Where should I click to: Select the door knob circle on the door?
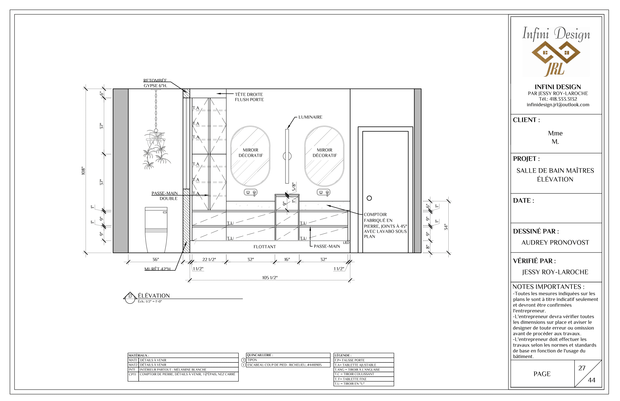pos(369,198)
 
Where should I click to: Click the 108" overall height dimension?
pos(83,171)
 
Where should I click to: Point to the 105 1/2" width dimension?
pos(270,278)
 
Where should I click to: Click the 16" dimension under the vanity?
pos(287,259)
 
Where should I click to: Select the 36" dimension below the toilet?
pos(155,259)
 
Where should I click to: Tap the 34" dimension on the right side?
pos(446,227)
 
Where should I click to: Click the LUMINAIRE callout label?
pos(310,117)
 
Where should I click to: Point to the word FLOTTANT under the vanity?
pos(264,247)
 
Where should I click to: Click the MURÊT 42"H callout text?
pos(157,269)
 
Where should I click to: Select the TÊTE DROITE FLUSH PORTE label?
pos(249,97)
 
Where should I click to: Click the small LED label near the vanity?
pos(346,243)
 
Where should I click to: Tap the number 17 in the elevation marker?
pos(130,297)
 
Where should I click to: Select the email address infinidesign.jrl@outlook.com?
pos(558,105)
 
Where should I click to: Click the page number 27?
pos(582,368)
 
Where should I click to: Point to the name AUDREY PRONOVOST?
pos(555,242)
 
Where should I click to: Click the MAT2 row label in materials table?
pos(133,365)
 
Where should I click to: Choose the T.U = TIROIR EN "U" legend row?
pos(349,384)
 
